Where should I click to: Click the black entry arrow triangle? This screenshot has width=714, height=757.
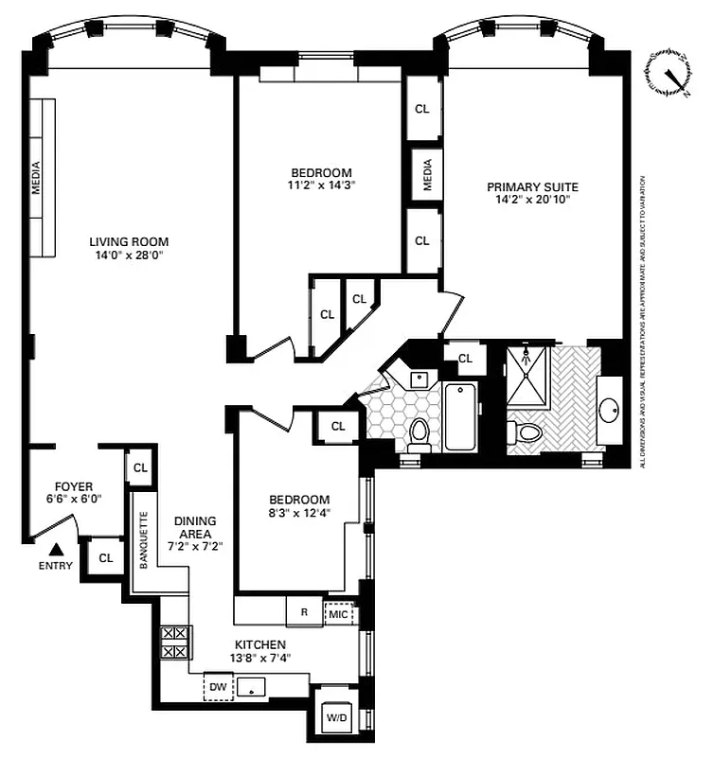[56, 548]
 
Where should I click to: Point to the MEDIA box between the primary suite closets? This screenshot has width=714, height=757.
[426, 173]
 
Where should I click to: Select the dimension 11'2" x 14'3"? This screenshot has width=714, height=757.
[321, 185]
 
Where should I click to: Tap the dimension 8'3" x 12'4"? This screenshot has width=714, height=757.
[299, 513]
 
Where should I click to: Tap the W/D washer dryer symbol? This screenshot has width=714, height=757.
[337, 716]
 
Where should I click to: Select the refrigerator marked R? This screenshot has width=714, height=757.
[304, 612]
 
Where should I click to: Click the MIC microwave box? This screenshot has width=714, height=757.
[339, 613]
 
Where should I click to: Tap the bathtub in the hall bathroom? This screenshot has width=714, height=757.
[462, 416]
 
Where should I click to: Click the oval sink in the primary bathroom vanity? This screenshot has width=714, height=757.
[610, 409]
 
